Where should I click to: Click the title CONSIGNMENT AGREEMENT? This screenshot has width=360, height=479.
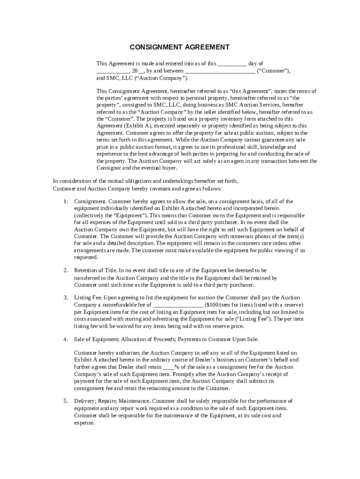(180, 47)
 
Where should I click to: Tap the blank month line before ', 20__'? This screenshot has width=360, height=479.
(113, 71)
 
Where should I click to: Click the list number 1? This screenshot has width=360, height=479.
(65, 201)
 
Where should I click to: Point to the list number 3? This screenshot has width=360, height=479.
(65, 298)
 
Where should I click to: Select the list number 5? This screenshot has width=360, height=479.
(65, 401)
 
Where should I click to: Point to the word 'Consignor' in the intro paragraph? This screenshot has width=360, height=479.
(109, 167)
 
